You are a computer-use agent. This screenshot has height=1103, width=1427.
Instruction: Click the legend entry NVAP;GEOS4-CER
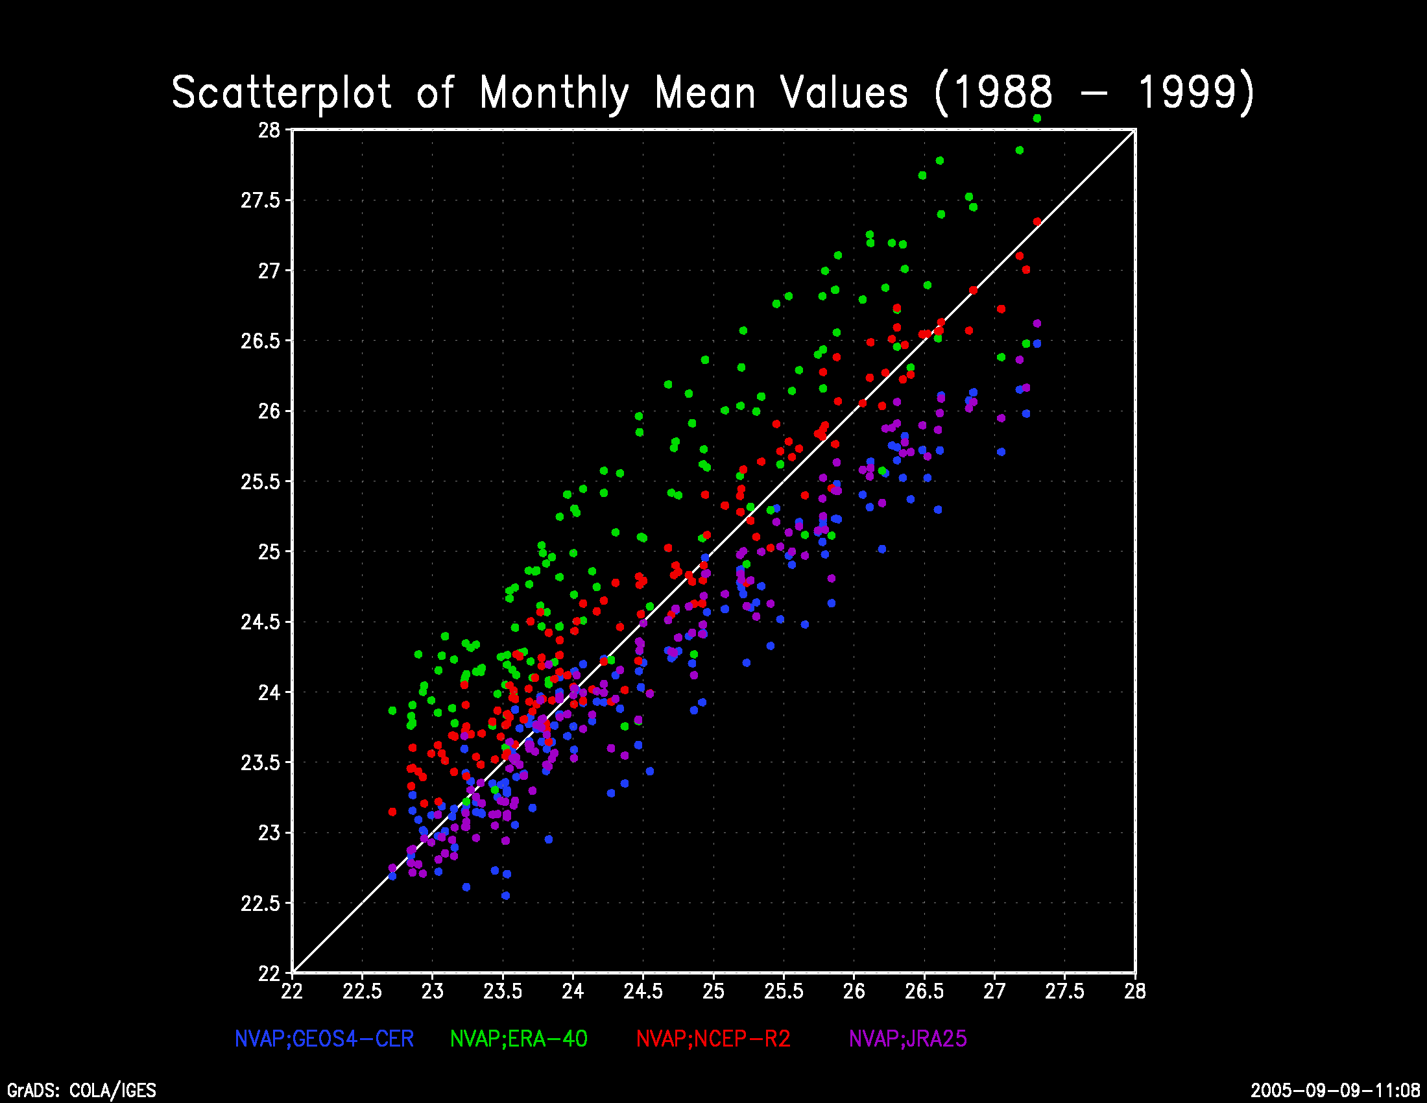[x=324, y=1039]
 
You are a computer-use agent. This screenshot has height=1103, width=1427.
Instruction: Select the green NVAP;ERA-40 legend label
[x=519, y=1039]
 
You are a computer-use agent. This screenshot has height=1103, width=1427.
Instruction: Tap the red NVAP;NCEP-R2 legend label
[x=713, y=1039]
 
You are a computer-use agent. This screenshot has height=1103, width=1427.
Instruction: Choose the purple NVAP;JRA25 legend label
[x=907, y=1039]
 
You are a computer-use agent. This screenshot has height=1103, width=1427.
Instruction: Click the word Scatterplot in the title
[x=282, y=93]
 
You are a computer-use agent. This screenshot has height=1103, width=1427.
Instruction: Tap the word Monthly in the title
[x=554, y=93]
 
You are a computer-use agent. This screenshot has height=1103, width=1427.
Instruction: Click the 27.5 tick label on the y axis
[x=260, y=200]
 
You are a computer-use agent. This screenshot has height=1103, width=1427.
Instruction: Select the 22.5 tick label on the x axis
[x=362, y=992]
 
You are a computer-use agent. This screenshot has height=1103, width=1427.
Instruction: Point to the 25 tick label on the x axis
[x=713, y=992]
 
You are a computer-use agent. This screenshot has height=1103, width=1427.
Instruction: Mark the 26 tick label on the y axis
[x=269, y=411]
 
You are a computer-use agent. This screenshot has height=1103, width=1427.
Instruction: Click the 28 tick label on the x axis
[x=1135, y=992]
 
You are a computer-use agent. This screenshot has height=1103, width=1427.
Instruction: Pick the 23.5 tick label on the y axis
[x=260, y=762]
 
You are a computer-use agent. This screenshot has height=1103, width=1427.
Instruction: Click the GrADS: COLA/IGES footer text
[x=82, y=1091]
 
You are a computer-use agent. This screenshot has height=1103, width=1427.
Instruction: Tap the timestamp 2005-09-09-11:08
[x=1336, y=1091]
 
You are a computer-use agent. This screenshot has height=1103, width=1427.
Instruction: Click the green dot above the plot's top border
[x=1037, y=118]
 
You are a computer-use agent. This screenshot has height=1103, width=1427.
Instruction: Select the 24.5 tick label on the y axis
[x=260, y=622]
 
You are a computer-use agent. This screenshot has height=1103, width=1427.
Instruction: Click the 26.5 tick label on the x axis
[x=924, y=992]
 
